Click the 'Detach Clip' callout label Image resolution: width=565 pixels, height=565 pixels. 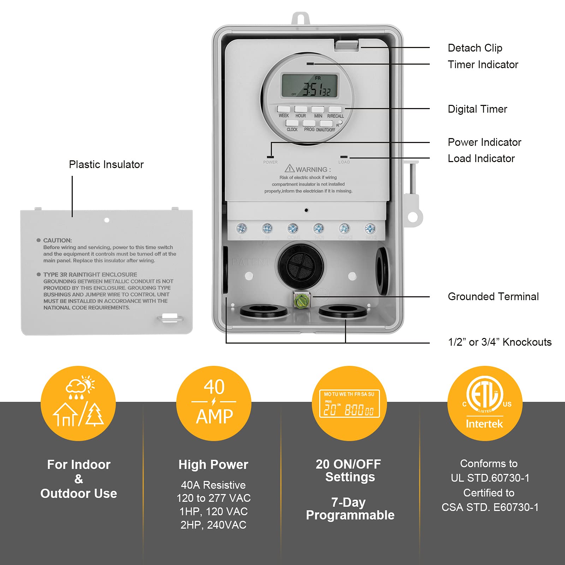475,48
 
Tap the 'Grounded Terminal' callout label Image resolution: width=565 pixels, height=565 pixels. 493,297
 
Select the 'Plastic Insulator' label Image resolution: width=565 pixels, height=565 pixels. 106,165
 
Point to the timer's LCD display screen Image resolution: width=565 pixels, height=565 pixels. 310,85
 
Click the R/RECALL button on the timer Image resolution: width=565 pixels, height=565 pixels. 335,109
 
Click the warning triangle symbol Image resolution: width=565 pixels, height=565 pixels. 290,168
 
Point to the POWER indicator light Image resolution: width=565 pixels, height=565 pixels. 270,157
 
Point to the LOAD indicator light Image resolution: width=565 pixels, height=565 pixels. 344,157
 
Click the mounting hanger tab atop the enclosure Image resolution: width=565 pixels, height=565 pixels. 301,18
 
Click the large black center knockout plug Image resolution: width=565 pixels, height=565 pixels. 301,265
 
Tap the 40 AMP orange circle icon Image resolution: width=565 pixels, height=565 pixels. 214,403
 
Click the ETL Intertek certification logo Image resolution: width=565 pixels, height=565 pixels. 484,403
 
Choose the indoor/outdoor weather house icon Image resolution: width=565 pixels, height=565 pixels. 78,403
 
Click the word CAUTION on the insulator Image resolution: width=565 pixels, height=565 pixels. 57,240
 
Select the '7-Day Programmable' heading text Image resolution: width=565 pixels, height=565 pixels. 350,509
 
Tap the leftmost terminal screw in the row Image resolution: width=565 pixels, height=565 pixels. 242,228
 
